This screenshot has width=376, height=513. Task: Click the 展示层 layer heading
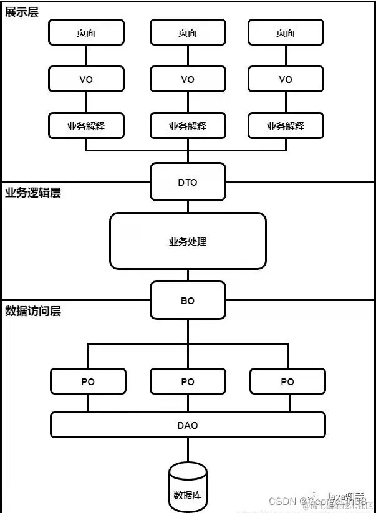22,12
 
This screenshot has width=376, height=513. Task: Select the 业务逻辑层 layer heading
32,193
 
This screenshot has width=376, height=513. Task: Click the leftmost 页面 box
86,32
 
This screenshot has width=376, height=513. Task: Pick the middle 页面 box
188,32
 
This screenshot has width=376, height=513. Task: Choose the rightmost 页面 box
286,32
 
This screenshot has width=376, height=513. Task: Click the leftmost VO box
86,79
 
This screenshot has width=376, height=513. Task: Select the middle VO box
188,79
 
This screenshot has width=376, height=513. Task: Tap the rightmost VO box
286,79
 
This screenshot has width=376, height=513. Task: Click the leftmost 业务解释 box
86,126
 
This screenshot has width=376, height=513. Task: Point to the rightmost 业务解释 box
286,126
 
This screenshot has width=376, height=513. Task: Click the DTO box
188,182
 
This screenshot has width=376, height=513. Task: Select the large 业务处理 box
188,241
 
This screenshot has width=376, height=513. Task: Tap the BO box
188,300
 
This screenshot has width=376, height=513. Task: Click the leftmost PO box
88,381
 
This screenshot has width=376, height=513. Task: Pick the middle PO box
188,381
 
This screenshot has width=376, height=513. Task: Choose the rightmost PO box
287,381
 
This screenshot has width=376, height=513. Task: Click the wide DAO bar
188,425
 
